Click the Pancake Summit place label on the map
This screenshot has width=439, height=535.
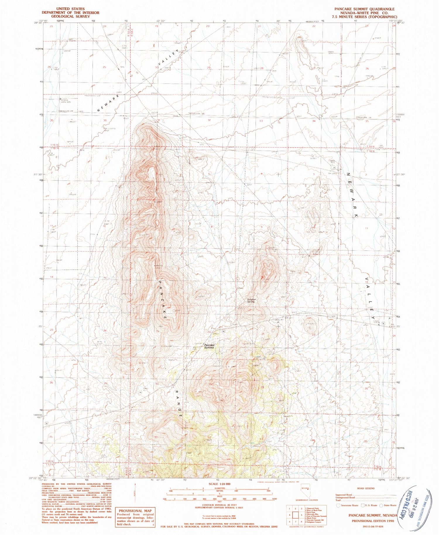[x=209, y=346]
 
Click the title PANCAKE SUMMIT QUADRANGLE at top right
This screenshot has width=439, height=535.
[x=364, y=9]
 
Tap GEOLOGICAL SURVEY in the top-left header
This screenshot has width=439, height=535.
[x=70, y=17]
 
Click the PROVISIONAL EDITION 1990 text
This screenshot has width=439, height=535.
[x=373, y=521]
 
